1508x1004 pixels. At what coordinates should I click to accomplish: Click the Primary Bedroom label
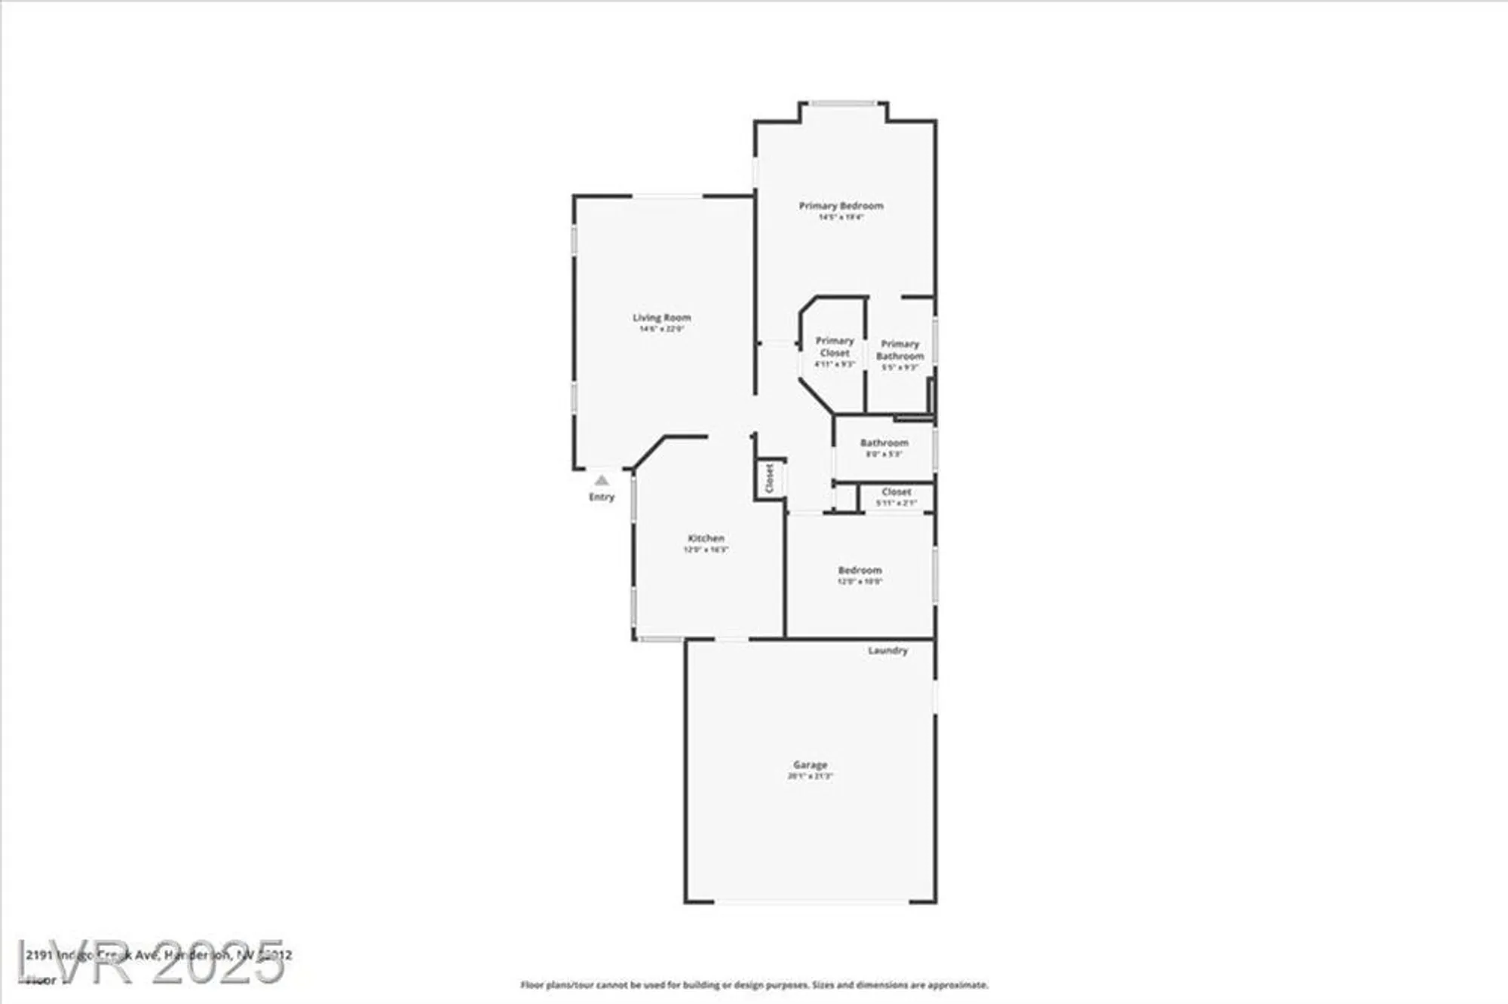[x=841, y=206]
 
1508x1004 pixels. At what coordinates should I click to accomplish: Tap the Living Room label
[x=661, y=318]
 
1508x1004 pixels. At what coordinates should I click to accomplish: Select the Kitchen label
[x=706, y=538]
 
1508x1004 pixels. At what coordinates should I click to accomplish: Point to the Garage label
[x=810, y=764]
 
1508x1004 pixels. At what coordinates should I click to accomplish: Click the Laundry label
[x=887, y=650]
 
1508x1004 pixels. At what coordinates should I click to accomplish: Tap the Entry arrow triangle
[x=601, y=480]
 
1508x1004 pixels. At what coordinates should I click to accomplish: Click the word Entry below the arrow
[x=601, y=497]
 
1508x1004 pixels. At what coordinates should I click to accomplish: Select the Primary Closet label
[x=835, y=347]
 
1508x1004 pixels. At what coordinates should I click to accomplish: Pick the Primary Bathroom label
[x=900, y=350]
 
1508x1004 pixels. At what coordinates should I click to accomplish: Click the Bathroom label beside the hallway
[x=884, y=443]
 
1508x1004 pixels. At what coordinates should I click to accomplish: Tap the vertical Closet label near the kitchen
[x=770, y=478]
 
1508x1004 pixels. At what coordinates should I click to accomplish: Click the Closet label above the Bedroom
[x=897, y=491]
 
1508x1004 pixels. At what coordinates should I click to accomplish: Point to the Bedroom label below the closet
[x=860, y=571]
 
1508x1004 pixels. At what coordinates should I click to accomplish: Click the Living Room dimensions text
[x=661, y=329]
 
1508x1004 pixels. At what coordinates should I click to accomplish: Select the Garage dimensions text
[x=810, y=776]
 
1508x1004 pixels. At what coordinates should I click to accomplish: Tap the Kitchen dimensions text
[x=706, y=549]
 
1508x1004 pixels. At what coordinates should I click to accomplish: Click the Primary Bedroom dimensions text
[x=841, y=217]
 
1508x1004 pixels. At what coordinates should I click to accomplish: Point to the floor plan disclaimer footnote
[x=754, y=985]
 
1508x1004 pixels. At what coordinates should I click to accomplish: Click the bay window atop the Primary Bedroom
[x=843, y=103]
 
